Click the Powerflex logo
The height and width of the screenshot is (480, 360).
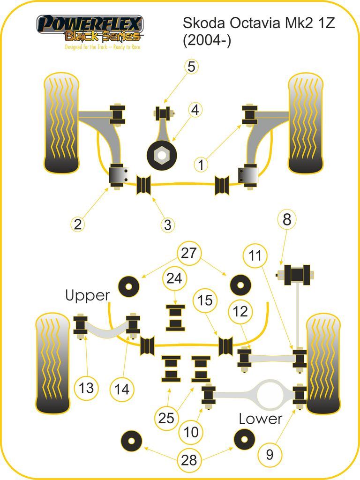point(90,32)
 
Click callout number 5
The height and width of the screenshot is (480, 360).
point(191,67)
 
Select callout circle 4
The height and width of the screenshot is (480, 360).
point(195,110)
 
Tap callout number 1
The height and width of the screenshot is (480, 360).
point(201,165)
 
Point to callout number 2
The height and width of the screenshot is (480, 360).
point(78,224)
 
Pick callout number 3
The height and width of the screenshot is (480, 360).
point(167,225)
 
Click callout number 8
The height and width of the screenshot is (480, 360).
point(287,219)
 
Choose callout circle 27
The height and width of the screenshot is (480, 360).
point(188,253)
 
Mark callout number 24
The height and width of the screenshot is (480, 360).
point(174,278)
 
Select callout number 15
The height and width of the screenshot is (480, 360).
point(205,300)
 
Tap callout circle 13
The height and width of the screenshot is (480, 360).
point(86,388)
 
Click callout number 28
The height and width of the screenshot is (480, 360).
point(189,460)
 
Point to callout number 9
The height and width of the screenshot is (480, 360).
point(270,455)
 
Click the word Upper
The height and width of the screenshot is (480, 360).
point(88,296)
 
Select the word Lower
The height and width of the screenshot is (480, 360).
point(261,419)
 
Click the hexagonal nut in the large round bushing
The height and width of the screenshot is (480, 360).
point(162,155)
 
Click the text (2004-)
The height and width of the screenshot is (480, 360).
point(207,40)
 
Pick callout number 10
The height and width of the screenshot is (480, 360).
point(191,432)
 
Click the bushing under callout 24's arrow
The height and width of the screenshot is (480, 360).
point(175,318)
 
